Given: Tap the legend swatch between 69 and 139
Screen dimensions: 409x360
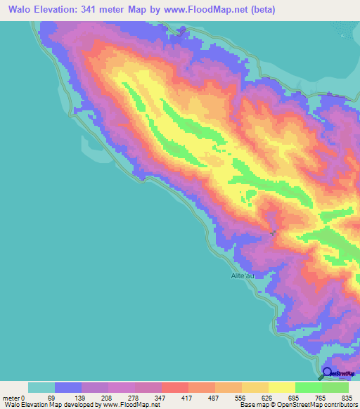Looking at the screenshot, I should click(68, 388).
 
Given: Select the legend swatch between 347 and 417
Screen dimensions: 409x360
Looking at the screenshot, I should click(174, 388).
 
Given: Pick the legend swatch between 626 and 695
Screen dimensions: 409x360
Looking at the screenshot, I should click(281, 388).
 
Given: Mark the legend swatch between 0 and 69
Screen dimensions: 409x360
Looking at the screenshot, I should click(41, 388).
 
